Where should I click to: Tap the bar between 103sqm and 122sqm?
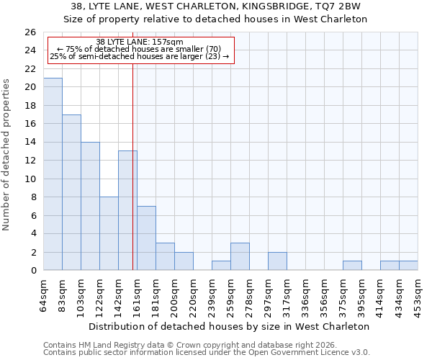(90, 206)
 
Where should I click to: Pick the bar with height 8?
(109, 233)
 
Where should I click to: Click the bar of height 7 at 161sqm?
(146, 238)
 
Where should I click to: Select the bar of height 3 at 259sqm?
(240, 256)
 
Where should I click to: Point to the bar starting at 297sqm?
(277, 261)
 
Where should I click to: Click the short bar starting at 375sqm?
(352, 266)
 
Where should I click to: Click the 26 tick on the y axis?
(30, 32)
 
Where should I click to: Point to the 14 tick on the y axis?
(30, 143)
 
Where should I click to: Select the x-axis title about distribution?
(230, 326)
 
